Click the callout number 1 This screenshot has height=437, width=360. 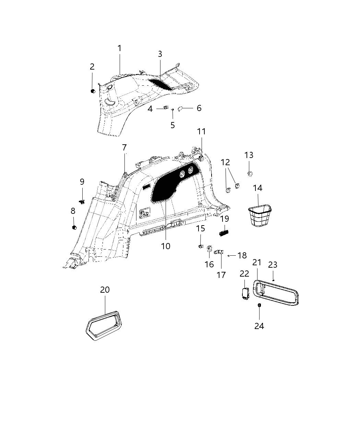[120, 49]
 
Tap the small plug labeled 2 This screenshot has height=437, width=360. [92, 91]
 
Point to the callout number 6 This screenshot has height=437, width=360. [199, 108]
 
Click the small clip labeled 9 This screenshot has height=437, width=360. [82, 201]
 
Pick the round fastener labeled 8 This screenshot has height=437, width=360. [74, 228]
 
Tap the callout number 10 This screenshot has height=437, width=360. [166, 246]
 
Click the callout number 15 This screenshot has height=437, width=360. [201, 229]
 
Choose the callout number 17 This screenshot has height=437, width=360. [221, 275]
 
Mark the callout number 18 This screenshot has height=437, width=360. [242, 255]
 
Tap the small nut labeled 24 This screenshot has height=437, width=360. [260, 305]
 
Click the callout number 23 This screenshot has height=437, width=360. [273, 265]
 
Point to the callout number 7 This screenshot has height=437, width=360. [124, 148]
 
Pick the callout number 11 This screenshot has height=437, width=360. [201, 132]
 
